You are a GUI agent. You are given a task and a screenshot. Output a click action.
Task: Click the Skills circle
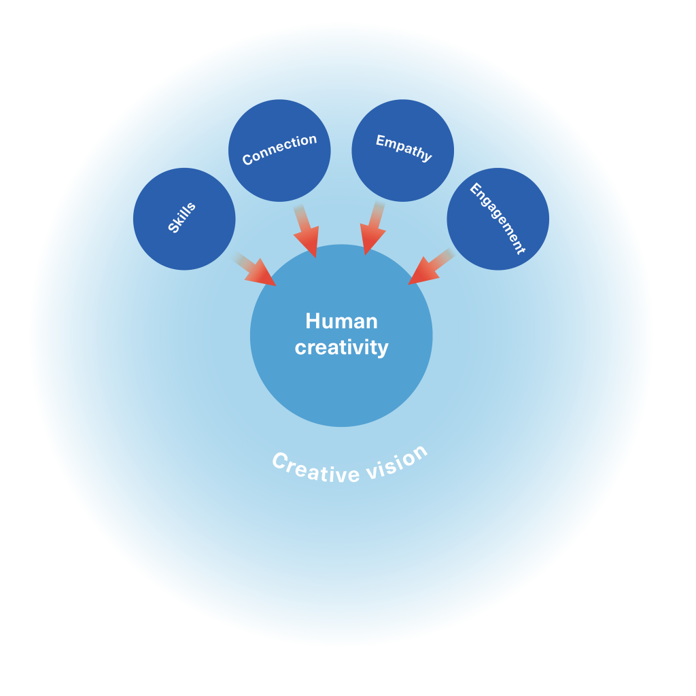[x=184, y=219]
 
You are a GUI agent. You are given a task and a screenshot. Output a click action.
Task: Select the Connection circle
[x=279, y=150]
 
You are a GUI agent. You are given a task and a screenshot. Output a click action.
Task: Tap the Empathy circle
[x=402, y=150]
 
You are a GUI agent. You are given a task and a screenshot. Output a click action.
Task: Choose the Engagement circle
[x=498, y=219]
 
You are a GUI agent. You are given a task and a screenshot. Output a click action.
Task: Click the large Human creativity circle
[x=341, y=336]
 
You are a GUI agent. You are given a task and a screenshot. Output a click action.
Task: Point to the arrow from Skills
[x=254, y=269]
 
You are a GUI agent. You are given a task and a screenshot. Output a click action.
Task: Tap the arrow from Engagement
[x=431, y=267]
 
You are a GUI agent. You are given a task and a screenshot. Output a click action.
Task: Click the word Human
[x=341, y=321]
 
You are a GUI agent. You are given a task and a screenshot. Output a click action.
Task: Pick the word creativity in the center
[x=341, y=347]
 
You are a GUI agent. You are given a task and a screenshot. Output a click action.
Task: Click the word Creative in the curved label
[x=315, y=469]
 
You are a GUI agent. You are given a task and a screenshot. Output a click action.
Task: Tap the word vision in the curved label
[x=397, y=463]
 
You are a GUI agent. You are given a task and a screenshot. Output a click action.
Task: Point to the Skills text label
[x=181, y=217]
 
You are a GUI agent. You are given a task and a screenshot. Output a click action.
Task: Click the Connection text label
[x=279, y=150]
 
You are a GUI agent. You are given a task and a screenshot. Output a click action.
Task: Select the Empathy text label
[x=404, y=147]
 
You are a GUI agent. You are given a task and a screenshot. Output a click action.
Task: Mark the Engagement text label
[x=498, y=219]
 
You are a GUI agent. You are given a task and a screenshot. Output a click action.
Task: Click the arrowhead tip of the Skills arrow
[x=276, y=286]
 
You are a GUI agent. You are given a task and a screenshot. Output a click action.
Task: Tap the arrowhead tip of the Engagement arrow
[x=408, y=285]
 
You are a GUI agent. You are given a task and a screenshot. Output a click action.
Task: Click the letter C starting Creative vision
[x=279, y=460]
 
